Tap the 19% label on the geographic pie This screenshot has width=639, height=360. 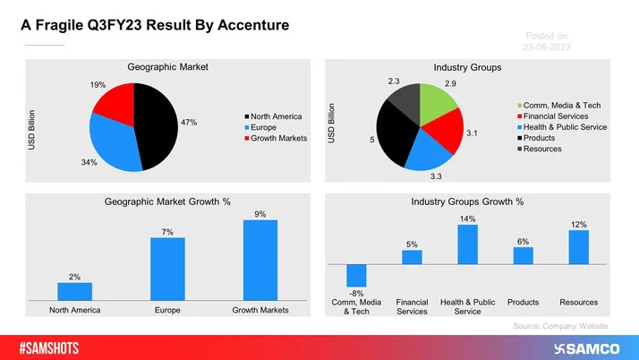[x=98, y=85]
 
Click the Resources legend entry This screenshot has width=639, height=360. [x=544, y=149]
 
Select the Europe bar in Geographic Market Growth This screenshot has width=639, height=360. [x=167, y=270]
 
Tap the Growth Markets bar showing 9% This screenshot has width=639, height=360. [x=260, y=261]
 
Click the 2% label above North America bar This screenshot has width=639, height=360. [x=75, y=278]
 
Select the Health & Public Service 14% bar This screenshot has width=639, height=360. [x=467, y=244]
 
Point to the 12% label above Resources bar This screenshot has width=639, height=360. [x=578, y=224]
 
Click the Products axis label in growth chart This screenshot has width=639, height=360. [x=523, y=303]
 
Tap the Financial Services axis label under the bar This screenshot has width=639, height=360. [x=412, y=307]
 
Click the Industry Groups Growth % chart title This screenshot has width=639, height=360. [x=468, y=203]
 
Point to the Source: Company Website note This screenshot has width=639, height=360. [x=560, y=327]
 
